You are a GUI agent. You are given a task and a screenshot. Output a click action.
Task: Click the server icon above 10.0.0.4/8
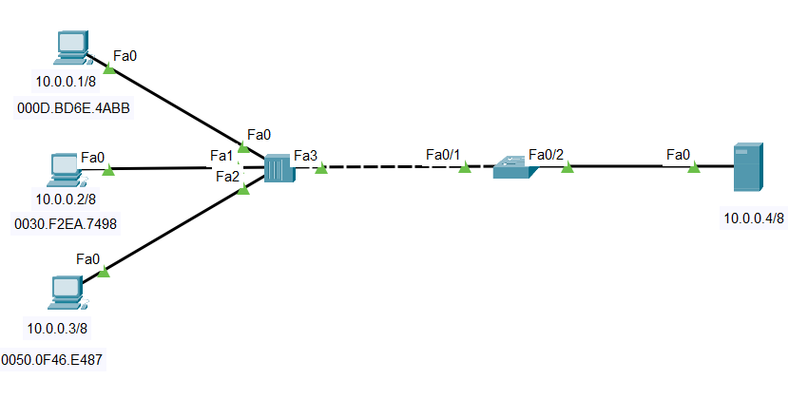(x=748, y=167)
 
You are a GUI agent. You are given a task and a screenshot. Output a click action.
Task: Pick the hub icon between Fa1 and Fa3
(x=278, y=169)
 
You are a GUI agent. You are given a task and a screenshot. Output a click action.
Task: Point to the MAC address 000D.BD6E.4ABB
(x=73, y=108)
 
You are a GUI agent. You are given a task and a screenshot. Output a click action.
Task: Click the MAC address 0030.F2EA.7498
(x=67, y=224)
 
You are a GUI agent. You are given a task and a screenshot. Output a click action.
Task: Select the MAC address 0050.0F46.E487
(x=52, y=360)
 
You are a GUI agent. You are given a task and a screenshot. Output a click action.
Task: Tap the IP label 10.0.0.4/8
(x=754, y=218)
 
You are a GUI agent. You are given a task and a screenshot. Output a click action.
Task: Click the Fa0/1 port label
(x=443, y=154)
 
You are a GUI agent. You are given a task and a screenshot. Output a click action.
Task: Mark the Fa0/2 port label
(x=547, y=154)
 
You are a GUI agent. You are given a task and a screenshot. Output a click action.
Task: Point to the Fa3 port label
(x=305, y=155)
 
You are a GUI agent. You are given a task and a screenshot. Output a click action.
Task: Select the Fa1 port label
(x=221, y=156)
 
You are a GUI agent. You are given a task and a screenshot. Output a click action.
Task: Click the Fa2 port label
(x=227, y=176)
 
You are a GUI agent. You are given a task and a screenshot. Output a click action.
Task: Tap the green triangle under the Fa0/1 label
(x=465, y=168)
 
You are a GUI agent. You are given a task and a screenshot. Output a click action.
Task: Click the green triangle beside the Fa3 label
(x=321, y=169)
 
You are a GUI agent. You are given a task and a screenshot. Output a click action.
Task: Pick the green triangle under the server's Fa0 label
(x=694, y=168)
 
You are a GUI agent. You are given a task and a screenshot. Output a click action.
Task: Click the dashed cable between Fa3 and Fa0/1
(x=390, y=167)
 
